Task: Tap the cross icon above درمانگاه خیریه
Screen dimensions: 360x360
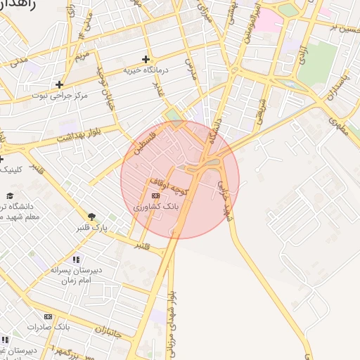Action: [x=146, y=59]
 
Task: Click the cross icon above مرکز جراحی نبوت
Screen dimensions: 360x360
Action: [x=60, y=84]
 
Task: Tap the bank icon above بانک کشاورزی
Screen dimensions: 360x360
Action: [x=155, y=196]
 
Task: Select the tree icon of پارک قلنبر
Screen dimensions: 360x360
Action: [x=91, y=217]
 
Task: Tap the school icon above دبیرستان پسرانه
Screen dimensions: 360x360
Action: [x=76, y=259]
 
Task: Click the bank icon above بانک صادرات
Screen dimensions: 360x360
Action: [x=48, y=317]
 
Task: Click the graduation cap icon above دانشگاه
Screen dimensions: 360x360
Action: [x=10, y=195]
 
